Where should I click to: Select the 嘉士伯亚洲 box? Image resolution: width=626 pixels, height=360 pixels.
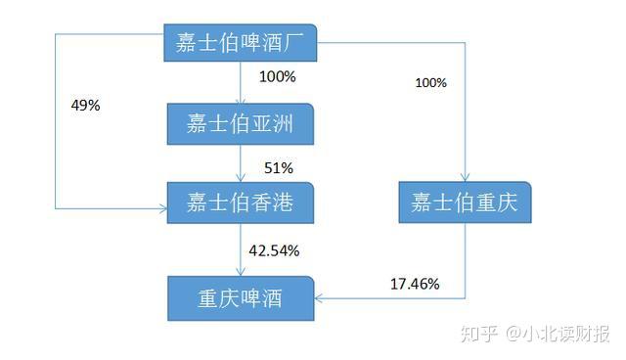point(240,124)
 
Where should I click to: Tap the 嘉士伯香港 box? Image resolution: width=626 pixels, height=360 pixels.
point(240,203)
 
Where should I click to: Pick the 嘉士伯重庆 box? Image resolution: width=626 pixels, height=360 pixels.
point(465,203)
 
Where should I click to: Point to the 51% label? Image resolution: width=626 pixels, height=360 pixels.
point(279,167)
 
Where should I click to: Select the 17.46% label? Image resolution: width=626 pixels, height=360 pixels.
point(415,285)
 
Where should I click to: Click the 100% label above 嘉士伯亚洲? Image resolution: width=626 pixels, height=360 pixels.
point(278,76)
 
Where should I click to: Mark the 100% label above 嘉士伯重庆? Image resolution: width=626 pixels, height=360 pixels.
point(430,83)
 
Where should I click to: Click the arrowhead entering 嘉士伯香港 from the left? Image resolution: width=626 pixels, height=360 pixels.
point(161,207)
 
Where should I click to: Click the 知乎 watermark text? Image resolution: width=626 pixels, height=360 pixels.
point(478,335)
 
